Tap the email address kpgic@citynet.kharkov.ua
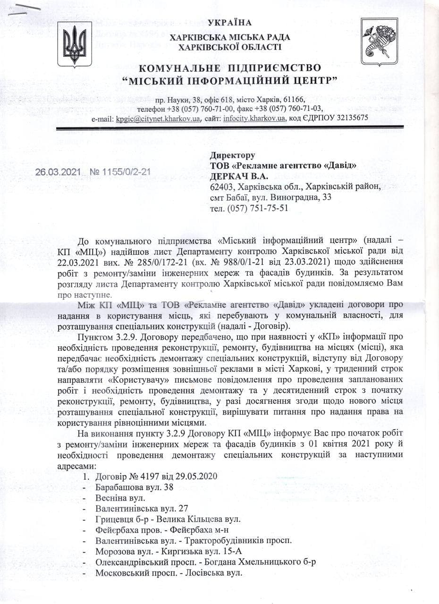pos(158,118)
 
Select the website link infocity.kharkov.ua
pos(254,118)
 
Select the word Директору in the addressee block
pos(233,155)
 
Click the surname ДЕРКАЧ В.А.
pos(239,176)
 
